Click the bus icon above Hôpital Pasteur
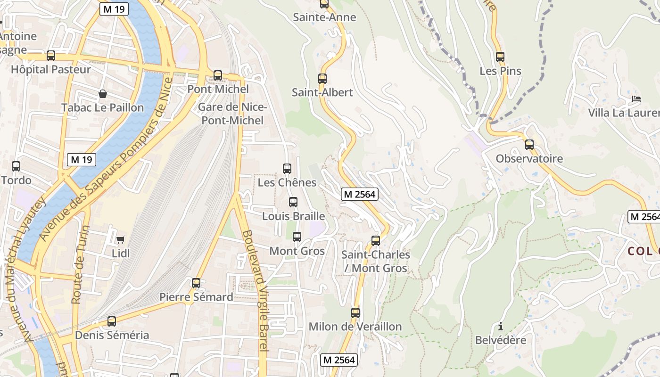point(51,56)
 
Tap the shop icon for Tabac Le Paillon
point(103,94)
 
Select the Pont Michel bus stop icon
point(217,75)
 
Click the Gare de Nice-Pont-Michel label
point(232,114)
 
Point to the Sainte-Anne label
point(324,17)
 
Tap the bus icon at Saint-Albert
point(322,79)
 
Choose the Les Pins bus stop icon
point(500,57)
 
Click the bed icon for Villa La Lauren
point(636,99)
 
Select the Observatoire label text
point(529,159)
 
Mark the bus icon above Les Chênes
point(287,169)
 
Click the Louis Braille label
point(293,216)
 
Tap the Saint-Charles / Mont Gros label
point(375,262)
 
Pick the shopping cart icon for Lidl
point(120,240)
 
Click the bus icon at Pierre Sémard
point(196,283)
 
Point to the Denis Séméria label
point(112,336)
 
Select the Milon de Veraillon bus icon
point(355,313)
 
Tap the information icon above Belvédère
point(500,326)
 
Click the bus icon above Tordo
point(16,166)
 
